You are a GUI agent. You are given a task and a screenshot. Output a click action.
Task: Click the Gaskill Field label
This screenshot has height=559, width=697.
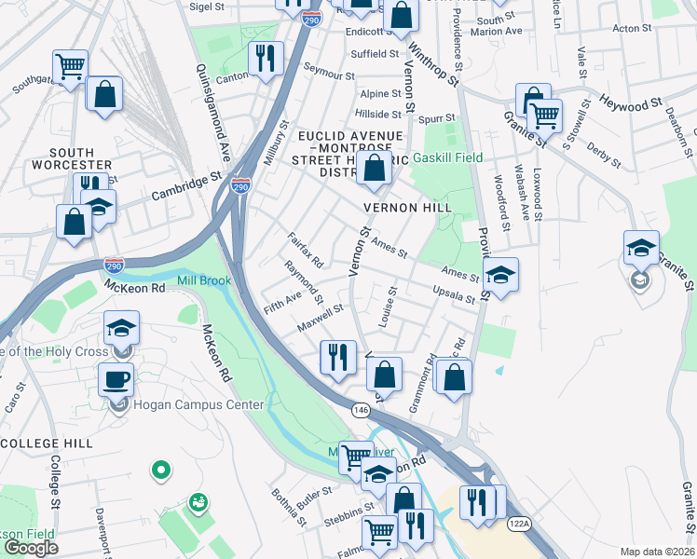tap(447, 157)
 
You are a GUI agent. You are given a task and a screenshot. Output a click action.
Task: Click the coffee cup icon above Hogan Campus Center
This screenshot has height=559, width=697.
tap(116, 380)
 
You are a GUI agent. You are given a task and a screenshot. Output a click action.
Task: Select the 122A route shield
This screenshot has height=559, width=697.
tap(519, 525)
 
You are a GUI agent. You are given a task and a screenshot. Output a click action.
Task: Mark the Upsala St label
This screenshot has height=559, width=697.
tap(455, 294)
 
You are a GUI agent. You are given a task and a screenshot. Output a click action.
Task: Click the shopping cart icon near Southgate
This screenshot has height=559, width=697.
tap(71, 66)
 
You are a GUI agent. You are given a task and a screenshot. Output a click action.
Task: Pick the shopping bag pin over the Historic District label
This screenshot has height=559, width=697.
tap(375, 170)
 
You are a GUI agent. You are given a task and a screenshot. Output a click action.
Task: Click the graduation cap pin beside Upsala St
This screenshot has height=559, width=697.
tap(500, 275)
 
